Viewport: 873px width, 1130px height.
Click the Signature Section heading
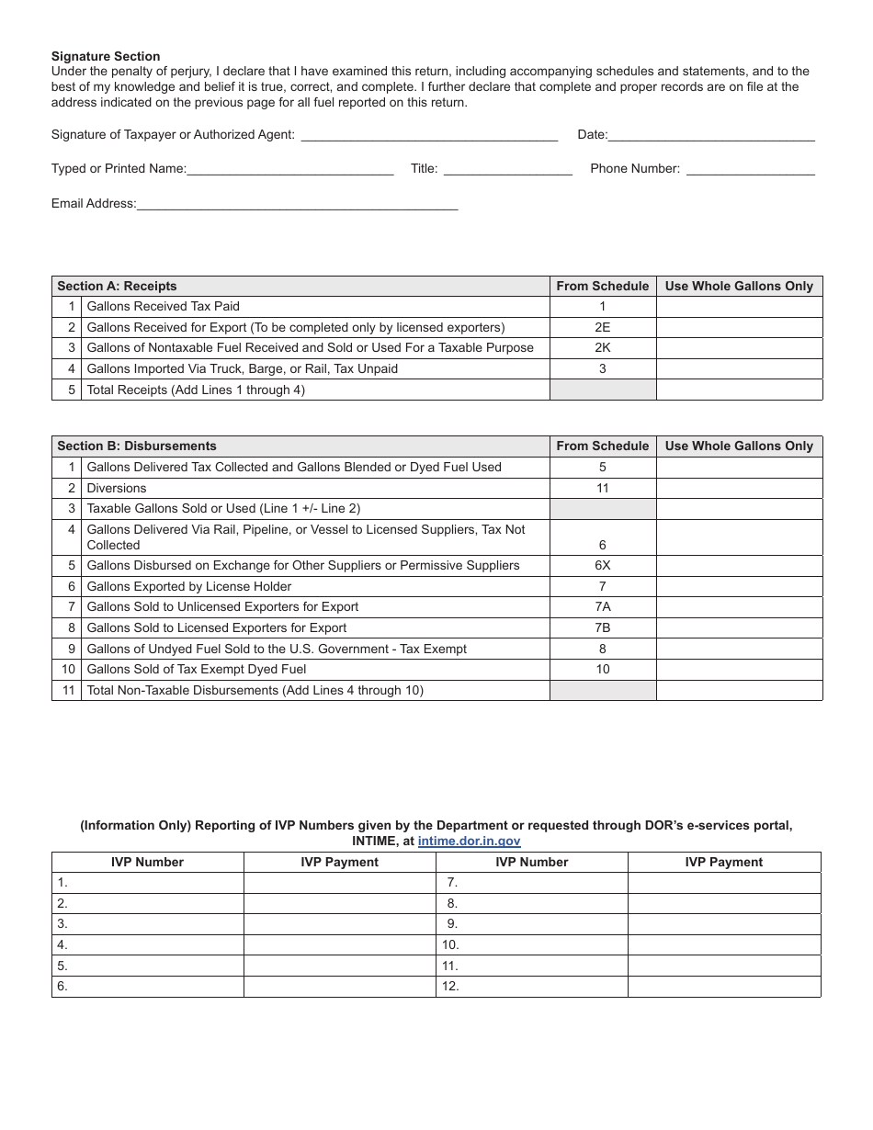106,57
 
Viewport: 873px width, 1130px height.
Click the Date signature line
711,134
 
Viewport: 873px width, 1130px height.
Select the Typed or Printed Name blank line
290,168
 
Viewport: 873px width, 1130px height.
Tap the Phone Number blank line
751,168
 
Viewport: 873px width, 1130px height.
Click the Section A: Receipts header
118,286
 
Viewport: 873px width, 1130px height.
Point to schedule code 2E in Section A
603,327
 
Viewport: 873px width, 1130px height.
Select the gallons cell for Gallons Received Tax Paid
739,307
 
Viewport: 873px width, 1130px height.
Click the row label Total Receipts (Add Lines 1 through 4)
196,390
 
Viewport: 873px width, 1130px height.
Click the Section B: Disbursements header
137,446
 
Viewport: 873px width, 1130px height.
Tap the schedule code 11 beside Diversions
603,488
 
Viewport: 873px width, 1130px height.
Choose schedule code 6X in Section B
603,565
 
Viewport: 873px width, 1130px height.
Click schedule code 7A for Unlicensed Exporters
603,606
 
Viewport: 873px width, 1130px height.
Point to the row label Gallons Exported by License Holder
189,586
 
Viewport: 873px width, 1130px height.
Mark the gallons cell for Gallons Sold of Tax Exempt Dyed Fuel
739,669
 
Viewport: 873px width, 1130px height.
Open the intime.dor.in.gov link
469,841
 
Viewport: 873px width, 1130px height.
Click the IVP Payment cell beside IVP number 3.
339,924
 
